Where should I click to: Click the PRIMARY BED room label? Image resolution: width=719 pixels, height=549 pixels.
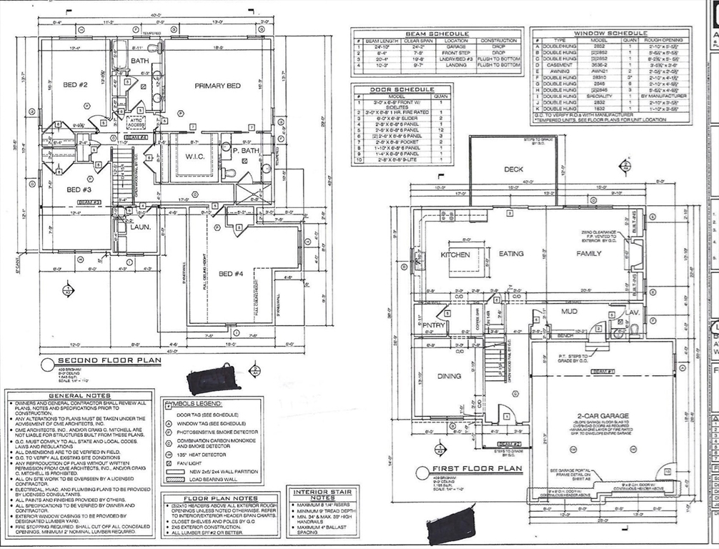pyautogui.click(x=217, y=86)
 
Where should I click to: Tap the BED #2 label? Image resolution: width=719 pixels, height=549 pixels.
pyautogui.click(x=75, y=85)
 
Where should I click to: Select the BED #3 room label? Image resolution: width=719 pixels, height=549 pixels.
pyautogui.click(x=79, y=189)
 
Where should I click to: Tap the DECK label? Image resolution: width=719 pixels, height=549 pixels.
pyautogui.click(x=513, y=169)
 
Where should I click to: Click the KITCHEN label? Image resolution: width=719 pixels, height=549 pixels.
pyautogui.click(x=455, y=254)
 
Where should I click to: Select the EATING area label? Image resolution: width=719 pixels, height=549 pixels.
pyautogui.click(x=511, y=254)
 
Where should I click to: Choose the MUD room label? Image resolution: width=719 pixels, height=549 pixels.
pyautogui.click(x=569, y=312)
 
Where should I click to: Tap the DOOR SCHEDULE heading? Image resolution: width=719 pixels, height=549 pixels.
pyautogui.click(x=402, y=89)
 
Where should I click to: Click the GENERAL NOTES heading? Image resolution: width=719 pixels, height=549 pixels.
pyautogui.click(x=79, y=396)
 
